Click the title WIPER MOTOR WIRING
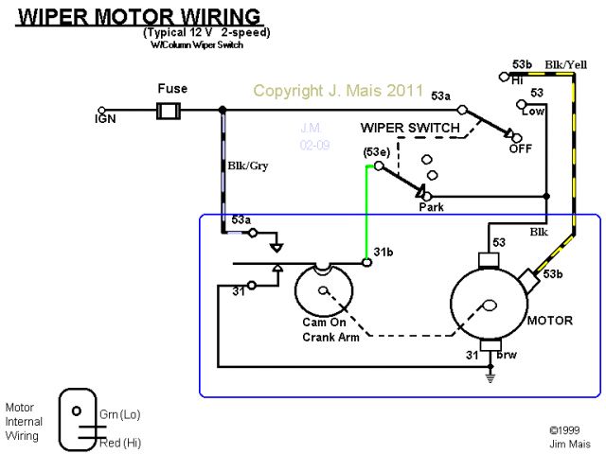pyautogui.click(x=139, y=17)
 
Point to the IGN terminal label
pyautogui.click(x=106, y=120)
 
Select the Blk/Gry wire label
pyautogui.click(x=248, y=166)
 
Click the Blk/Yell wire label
pyautogui.click(x=565, y=65)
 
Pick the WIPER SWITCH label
pyautogui.click(x=410, y=128)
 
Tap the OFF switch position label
pyautogui.click(x=521, y=149)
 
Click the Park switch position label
pyautogui.click(x=432, y=207)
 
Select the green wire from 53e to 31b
pyautogui.click(x=366, y=213)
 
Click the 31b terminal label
pyautogui.click(x=383, y=252)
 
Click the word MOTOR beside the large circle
pyautogui.click(x=549, y=321)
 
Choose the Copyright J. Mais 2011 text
pyautogui.click(x=338, y=92)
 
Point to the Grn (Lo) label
pyautogui.click(x=119, y=414)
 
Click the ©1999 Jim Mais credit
pyautogui.click(x=566, y=435)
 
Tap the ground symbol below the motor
pyautogui.click(x=490, y=377)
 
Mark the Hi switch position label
pyautogui.click(x=518, y=80)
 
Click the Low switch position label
pyautogui.click(x=534, y=111)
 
